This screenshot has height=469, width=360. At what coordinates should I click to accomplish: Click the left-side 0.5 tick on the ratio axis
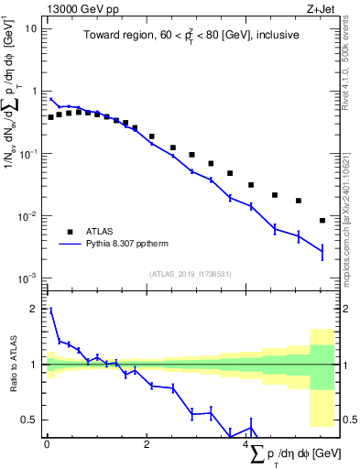tap(32, 420)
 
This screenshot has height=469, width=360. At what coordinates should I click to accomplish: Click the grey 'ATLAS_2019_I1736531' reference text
tap(190, 274)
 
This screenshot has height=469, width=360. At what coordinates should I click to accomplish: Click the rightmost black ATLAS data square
tap(322, 220)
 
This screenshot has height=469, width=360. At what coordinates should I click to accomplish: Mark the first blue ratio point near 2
tap(50, 311)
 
